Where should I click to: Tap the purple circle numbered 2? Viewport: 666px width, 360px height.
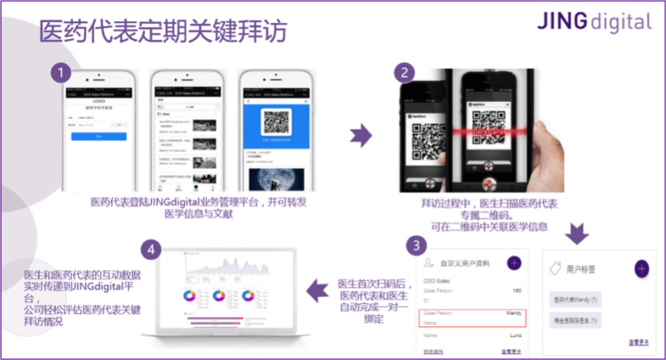(x=405, y=71)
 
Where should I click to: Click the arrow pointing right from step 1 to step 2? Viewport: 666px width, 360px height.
(x=360, y=135)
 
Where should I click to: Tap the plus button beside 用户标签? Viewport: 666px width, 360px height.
(x=641, y=268)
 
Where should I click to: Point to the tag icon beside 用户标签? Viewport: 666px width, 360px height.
(x=555, y=268)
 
